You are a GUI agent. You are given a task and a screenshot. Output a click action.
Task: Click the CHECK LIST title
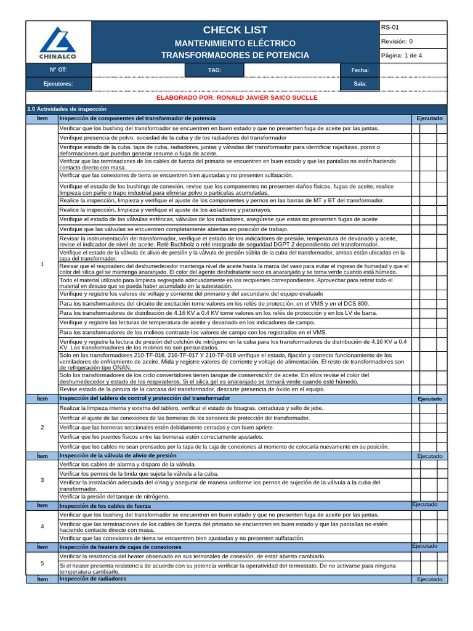pyautogui.click(x=235, y=30)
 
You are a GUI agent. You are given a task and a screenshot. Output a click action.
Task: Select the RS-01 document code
pyautogui.click(x=390, y=28)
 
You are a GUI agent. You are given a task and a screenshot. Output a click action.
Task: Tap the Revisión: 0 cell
pyautogui.click(x=397, y=42)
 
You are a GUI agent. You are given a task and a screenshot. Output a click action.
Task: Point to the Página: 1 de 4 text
pyautogui.click(x=402, y=55)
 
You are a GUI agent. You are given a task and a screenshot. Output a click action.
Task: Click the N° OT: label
pyautogui.click(x=59, y=70)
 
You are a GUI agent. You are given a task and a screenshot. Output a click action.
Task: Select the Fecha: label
pyautogui.click(x=360, y=70)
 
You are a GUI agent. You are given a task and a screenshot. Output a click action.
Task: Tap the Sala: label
pyautogui.click(x=360, y=84)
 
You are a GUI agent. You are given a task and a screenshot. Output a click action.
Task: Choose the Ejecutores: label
pyautogui.click(x=58, y=84)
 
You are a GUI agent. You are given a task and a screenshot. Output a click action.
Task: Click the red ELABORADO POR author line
pyautogui.click(x=237, y=98)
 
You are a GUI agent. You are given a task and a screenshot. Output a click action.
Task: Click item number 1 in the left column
pyautogui.click(x=42, y=264)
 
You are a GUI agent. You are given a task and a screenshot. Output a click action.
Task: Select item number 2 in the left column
pyautogui.click(x=42, y=427)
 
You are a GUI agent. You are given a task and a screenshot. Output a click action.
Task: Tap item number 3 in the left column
pyautogui.click(x=42, y=479)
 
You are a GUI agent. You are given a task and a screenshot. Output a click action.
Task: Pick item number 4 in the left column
pyautogui.click(x=42, y=526)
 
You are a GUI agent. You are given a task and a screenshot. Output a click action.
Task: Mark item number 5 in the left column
pyautogui.click(x=42, y=563)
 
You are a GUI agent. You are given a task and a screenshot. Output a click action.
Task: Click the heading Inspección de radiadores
pyautogui.click(x=92, y=579)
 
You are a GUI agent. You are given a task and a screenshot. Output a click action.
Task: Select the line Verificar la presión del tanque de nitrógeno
pyautogui.click(x=114, y=496)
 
